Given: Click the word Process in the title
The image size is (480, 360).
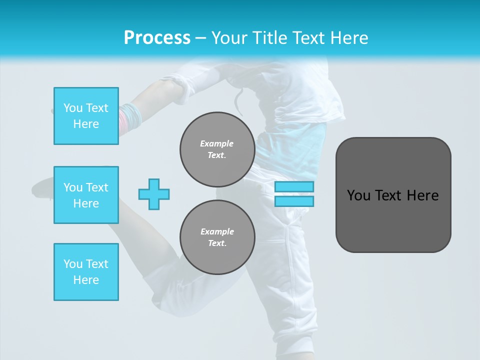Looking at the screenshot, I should tap(157, 38).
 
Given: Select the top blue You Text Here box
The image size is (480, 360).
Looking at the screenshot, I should tap(86, 116).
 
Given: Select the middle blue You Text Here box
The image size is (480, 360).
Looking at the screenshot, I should tap(86, 195).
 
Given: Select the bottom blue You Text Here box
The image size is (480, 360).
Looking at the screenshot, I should tap(86, 271).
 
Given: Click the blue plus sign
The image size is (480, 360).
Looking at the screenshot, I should tap(154, 194).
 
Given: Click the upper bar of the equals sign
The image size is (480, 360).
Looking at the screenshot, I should tap(294, 187).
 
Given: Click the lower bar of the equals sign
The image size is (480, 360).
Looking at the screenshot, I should tap(294, 201).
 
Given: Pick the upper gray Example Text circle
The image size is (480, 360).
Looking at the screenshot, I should tap(217, 149).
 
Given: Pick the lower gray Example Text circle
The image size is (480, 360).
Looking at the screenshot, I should tap(217, 237).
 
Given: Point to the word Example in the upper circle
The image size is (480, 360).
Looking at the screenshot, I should tap(217, 143).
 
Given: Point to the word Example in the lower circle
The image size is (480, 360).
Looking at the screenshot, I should tap(217, 231).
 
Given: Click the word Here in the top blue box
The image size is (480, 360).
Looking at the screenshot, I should tap(86, 124).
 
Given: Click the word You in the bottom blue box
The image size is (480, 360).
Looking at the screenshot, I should tap(73, 264).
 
